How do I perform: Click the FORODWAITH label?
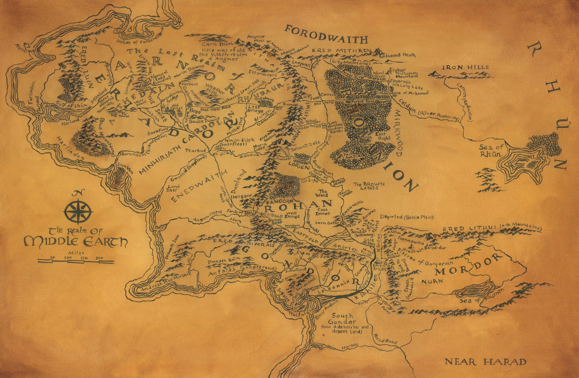point(326,34)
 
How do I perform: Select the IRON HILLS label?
point(465,67)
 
